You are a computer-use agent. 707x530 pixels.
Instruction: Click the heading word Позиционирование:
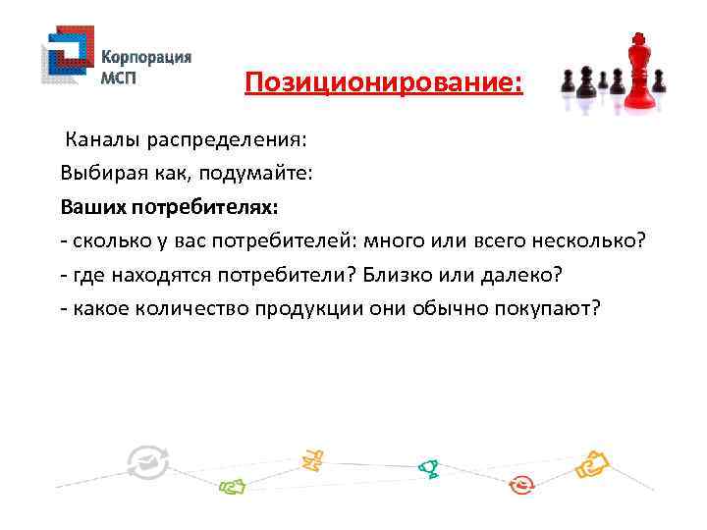(384, 82)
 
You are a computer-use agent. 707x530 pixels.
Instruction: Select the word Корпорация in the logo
(147, 56)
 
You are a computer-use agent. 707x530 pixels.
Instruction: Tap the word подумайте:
(262, 173)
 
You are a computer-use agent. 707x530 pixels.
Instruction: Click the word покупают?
(553, 309)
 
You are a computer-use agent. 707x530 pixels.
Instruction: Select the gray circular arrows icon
(148, 462)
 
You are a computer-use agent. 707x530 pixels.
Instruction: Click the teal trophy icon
(427, 468)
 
